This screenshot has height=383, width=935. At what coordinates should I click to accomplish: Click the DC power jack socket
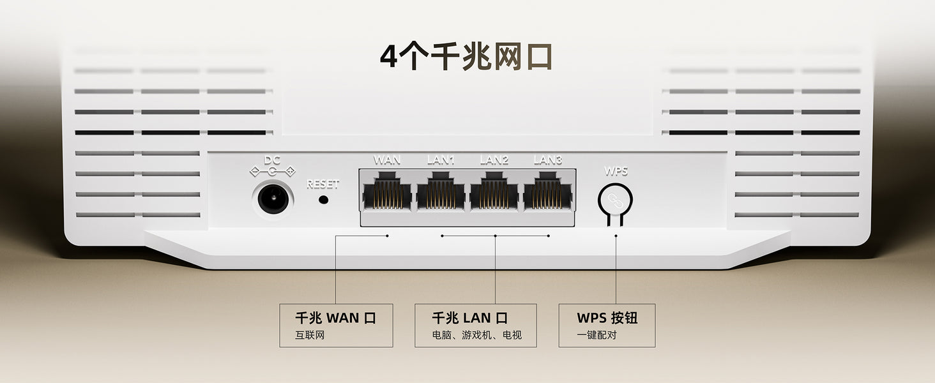tap(274, 199)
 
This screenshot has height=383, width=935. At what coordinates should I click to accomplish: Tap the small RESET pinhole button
tap(323, 199)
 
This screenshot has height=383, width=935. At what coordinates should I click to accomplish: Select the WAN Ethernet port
tap(387, 191)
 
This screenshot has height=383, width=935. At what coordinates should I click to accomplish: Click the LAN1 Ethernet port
tap(441, 191)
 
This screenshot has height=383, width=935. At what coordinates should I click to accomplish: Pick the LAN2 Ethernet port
tap(494, 191)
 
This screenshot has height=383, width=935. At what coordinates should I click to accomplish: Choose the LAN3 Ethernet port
tap(547, 191)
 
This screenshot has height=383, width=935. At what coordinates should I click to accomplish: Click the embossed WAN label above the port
tap(387, 160)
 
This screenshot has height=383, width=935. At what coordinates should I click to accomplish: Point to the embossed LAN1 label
tap(441, 160)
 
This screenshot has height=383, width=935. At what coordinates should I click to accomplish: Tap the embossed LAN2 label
tap(494, 160)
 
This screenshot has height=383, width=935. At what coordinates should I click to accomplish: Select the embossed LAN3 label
tap(547, 160)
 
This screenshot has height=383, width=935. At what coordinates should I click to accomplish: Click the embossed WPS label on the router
tap(616, 171)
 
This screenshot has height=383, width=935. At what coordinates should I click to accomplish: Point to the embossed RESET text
tap(323, 184)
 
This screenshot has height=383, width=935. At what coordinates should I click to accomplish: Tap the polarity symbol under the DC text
tap(273, 171)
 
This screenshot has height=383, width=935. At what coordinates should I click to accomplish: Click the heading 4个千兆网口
tap(466, 57)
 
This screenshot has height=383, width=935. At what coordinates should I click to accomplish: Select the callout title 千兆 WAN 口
tap(335, 318)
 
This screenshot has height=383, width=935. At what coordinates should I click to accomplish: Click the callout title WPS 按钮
tap(607, 318)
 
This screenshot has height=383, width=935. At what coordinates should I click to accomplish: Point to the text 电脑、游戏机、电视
tap(476, 335)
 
